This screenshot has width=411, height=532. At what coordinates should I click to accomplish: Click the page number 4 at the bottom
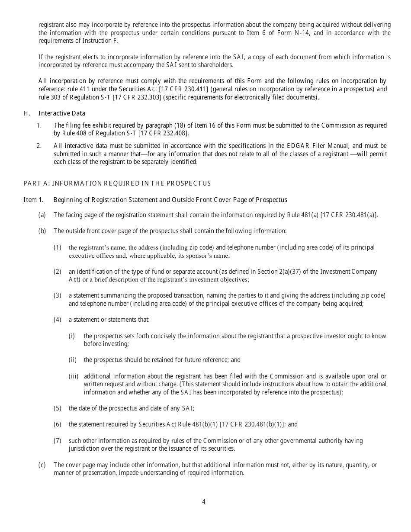click(204, 502)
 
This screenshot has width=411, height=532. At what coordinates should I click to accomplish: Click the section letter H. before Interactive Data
click(27, 113)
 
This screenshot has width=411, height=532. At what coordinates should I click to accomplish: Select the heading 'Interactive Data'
click(62, 113)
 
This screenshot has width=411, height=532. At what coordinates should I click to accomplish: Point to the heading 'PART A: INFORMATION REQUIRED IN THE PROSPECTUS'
click(117, 183)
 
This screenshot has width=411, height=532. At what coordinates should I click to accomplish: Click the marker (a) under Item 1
click(42, 215)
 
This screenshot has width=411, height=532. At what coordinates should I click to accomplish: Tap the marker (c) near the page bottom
click(42, 465)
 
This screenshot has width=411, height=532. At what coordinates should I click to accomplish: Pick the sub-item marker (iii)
click(73, 376)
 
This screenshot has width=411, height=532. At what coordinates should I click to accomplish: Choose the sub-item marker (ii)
click(73, 360)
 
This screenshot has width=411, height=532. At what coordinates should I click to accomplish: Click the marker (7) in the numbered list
click(58, 441)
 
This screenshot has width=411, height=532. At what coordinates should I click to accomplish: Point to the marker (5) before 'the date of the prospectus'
click(58, 408)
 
